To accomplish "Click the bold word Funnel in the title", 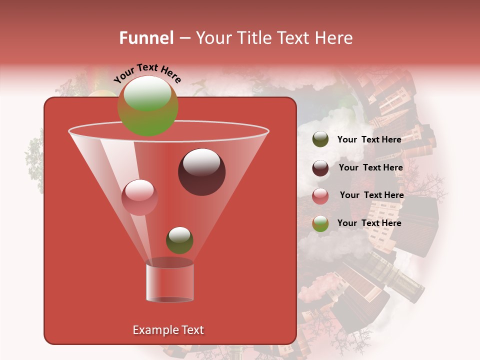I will (146, 38).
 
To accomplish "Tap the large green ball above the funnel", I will (147, 106).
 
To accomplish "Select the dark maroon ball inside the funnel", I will (201, 172).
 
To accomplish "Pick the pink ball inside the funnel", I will (139, 197).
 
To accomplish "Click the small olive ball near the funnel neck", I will (179, 240).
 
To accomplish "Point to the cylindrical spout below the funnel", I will (169, 282).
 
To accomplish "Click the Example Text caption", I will (168, 330).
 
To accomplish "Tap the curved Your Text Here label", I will (147, 72).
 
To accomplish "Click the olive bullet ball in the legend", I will (320, 139).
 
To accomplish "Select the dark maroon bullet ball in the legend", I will (320, 168).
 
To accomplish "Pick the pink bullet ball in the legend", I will (320, 196).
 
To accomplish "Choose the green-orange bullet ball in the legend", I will (320, 223).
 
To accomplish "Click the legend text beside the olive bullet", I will (369, 139).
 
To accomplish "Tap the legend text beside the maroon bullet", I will (370, 167).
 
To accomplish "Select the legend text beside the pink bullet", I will (371, 195).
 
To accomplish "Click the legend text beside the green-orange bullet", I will (369, 223).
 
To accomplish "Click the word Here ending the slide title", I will (334, 38).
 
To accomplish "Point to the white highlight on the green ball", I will (147, 93).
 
